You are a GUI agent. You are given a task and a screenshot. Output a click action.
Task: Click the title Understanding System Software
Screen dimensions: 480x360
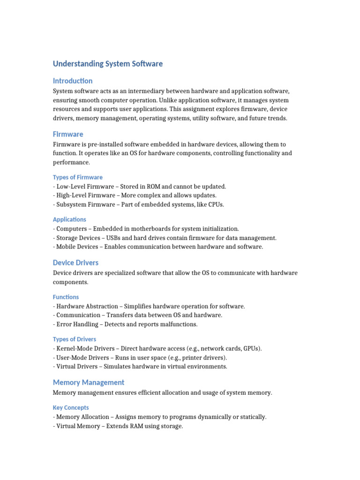[x=108, y=64]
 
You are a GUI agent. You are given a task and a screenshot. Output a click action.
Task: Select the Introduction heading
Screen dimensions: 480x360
[x=73, y=81]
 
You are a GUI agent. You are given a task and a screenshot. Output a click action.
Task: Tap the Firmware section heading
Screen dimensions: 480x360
[x=68, y=134]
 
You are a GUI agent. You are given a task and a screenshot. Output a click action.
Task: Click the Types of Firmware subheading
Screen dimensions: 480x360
[x=78, y=177]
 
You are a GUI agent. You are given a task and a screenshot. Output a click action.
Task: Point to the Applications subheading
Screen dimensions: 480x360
[x=69, y=219]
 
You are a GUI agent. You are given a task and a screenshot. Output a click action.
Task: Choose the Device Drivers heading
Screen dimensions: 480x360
[x=75, y=262]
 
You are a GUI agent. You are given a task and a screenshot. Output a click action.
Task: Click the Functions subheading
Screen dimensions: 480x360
[x=66, y=297]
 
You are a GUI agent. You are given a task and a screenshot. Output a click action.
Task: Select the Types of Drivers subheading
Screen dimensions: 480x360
[x=75, y=339]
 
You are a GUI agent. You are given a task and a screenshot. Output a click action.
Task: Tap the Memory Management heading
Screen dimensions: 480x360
[x=89, y=382]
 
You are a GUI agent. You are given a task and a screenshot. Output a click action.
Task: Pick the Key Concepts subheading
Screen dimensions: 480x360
[x=71, y=407]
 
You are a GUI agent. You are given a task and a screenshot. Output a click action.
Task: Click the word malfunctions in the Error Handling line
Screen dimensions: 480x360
[x=178, y=324]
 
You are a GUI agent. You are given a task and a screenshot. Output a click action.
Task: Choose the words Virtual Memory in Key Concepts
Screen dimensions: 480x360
[x=75, y=426]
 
